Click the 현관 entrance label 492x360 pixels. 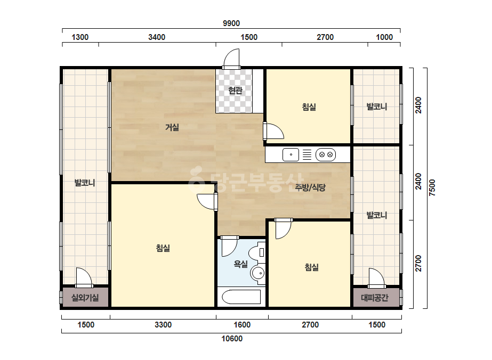pos(235,91)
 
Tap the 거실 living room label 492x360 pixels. pos(172,127)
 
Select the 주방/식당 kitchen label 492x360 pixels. pos(310,187)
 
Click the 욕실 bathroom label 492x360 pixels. pos(240,264)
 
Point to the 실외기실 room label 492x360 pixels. pos(85,297)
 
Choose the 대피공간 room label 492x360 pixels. pos(375,297)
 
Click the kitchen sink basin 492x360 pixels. pos(291,154)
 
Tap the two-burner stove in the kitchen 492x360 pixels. pos(326,154)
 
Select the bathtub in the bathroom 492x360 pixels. pos(241,297)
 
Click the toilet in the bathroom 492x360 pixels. pos(257,252)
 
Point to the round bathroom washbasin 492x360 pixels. pos(258,273)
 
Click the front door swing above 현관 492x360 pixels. pos(231,59)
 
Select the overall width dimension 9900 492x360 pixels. pos(231,23)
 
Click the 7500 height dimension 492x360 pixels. pos(432,188)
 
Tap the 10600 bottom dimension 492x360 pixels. pos(232,339)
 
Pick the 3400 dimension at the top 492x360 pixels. pos(157,37)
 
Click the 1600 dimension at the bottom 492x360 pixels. pos(242,325)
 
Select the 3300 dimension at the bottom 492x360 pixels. pos(163,325)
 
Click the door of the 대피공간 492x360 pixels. pos(376,278)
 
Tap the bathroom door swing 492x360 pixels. pos(229,247)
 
